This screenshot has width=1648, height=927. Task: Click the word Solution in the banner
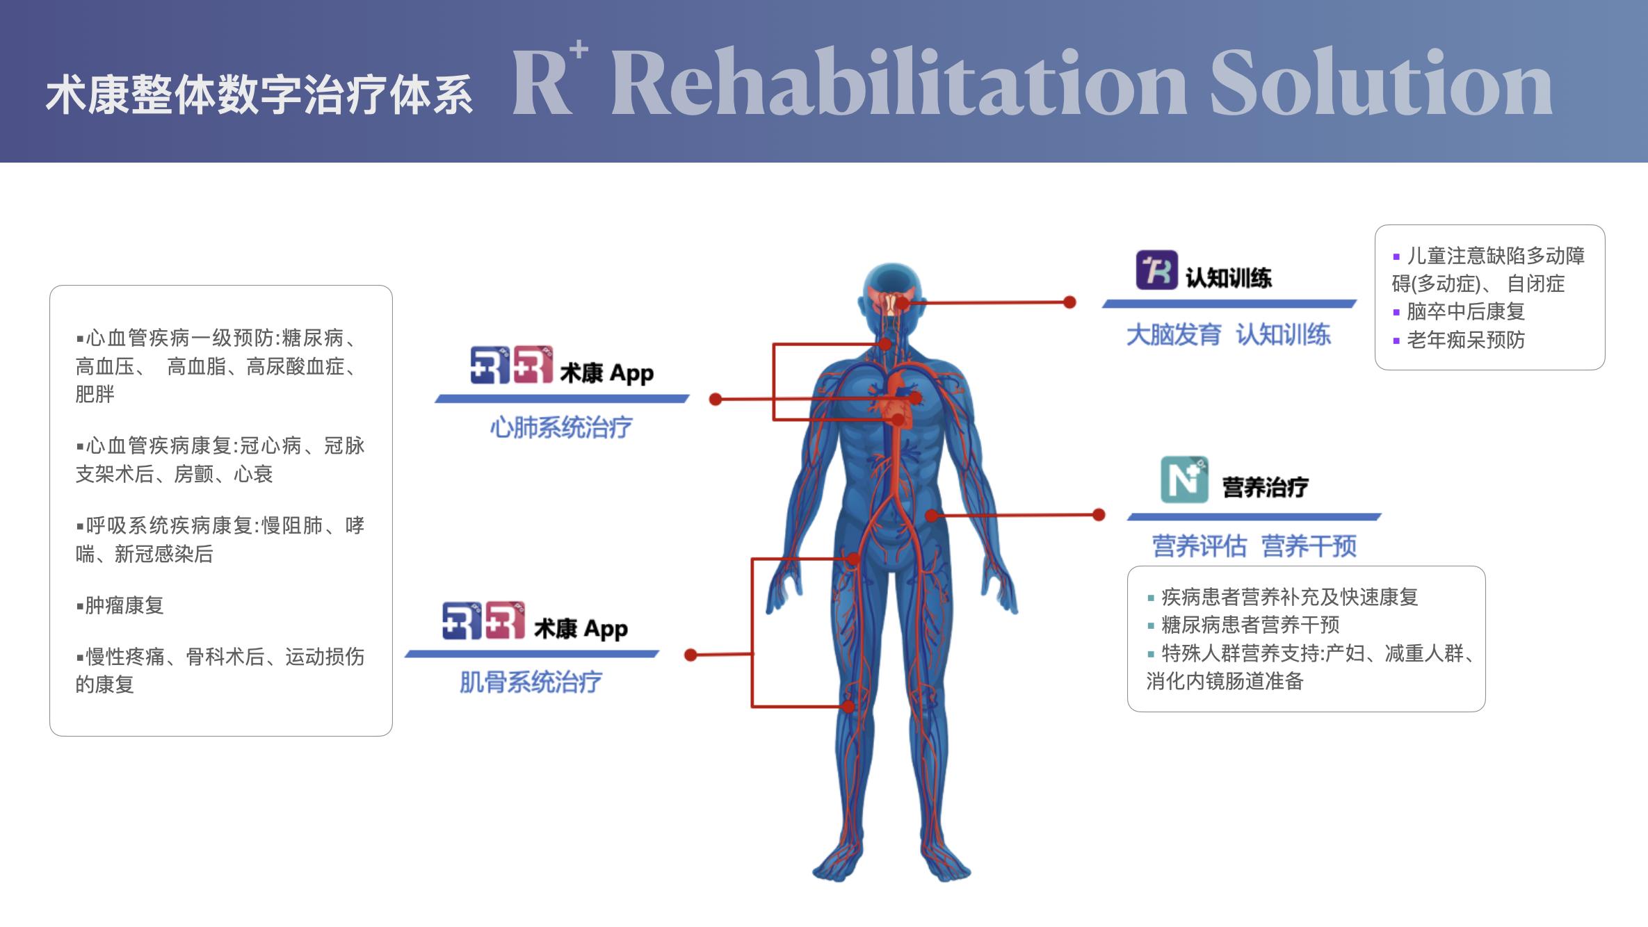[x=1380, y=83]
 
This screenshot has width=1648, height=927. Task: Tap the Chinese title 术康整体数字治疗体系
[x=259, y=95]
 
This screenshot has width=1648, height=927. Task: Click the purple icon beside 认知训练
[x=1156, y=270]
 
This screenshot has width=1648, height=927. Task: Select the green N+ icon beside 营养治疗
[x=1184, y=479]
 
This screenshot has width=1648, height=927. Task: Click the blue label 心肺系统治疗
[x=560, y=427]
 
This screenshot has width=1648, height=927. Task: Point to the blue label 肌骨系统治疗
[x=531, y=682]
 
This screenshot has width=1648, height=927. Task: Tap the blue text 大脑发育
[x=1173, y=335]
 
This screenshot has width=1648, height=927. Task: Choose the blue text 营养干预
[x=1308, y=546]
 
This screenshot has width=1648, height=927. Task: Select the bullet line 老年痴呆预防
[x=1465, y=340]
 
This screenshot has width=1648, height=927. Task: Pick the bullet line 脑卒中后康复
[x=1465, y=311]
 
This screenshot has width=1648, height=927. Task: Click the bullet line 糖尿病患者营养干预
[x=1250, y=625]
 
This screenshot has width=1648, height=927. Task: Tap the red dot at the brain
[x=902, y=302]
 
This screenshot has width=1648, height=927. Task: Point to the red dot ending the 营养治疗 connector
[x=1099, y=515]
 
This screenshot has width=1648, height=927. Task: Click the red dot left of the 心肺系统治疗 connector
[x=715, y=399]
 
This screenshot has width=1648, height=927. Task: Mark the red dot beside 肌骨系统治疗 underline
[x=690, y=655]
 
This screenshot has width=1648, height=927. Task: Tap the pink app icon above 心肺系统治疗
[x=533, y=364]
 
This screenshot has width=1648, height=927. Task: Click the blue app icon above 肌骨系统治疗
[x=461, y=620]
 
